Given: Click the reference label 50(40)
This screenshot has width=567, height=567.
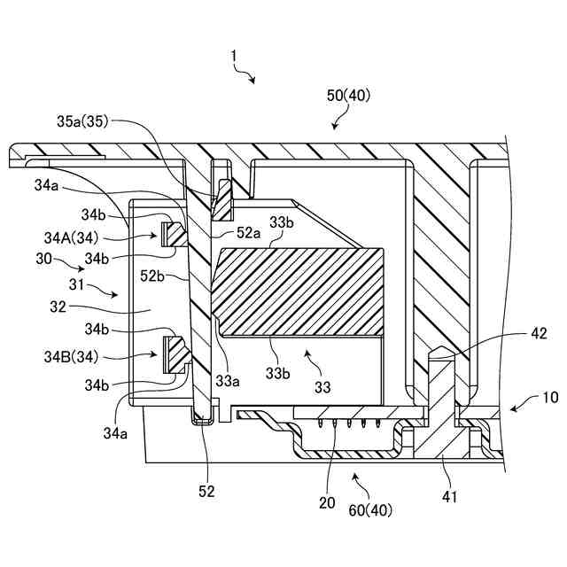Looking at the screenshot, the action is click(348, 96).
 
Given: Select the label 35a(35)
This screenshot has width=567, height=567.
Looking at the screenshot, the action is click(82, 121).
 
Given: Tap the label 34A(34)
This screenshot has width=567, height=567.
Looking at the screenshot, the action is click(71, 238).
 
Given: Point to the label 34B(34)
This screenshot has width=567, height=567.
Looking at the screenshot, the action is click(71, 357).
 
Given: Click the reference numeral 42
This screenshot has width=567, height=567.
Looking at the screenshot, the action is click(539, 333).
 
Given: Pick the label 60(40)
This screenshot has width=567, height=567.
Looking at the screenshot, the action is click(370, 510).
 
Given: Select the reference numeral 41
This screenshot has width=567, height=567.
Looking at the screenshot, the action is click(449, 497).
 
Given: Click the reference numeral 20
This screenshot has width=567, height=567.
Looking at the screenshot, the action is click(327, 502).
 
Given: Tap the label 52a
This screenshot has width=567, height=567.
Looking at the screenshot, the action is click(248, 233).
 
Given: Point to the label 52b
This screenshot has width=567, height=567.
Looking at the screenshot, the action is click(152, 276).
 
